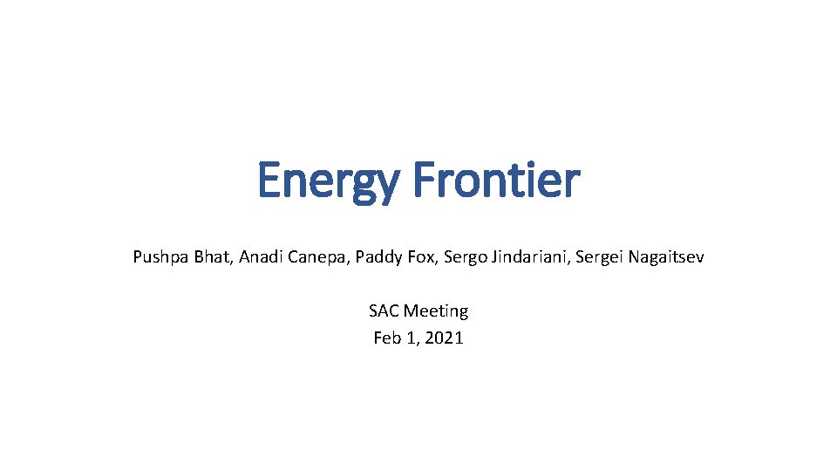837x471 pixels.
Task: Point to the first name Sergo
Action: pos(463,257)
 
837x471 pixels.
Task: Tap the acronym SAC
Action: pos(384,311)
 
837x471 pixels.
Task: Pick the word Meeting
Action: pos(436,311)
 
